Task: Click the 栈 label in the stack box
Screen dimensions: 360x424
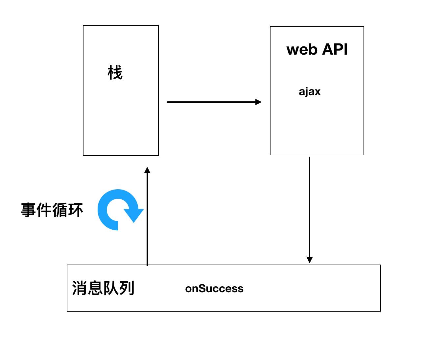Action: coord(115,73)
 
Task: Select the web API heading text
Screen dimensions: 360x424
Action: coord(317,49)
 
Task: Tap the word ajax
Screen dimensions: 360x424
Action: coord(309,91)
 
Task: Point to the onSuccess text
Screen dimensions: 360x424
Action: coord(214,289)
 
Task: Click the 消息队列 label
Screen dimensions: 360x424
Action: coord(103,288)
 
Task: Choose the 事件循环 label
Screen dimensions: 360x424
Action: coord(52,210)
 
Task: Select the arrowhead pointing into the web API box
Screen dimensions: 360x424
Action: coord(258,102)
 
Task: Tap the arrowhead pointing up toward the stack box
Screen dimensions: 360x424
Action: coord(147,170)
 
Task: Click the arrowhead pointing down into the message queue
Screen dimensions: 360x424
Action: coord(309,260)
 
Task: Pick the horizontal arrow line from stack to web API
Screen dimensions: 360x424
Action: coord(210,102)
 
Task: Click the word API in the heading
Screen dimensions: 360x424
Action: coord(335,49)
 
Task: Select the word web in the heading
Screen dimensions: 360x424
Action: coord(302,50)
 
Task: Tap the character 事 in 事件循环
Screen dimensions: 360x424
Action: coord(29,210)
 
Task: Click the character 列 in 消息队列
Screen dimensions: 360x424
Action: coord(127,288)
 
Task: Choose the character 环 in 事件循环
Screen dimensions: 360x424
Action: coord(76,210)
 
